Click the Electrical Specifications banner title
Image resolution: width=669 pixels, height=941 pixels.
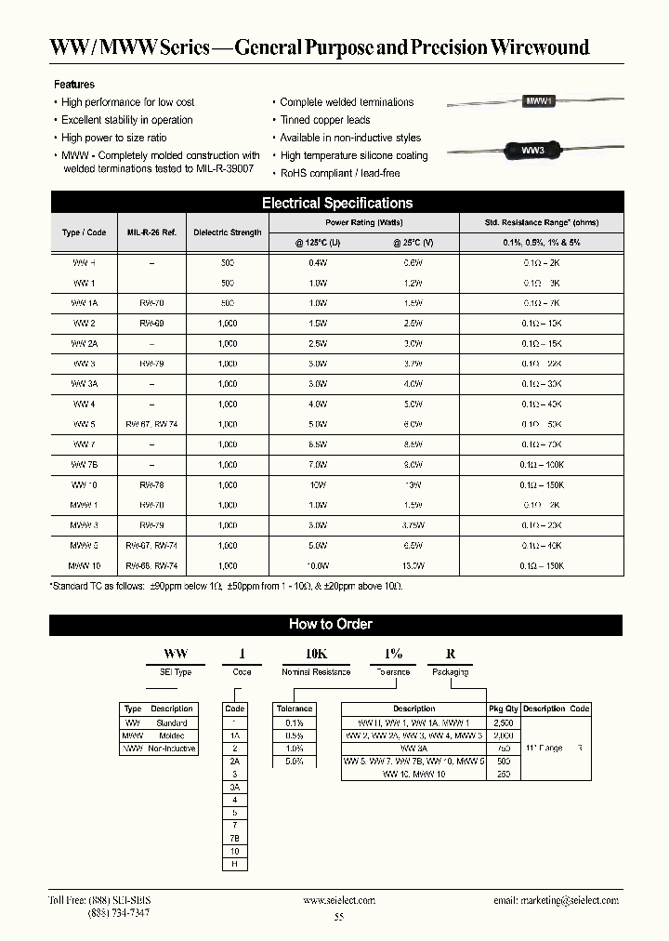tap(337, 203)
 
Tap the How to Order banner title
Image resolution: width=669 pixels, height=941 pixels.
tap(331, 625)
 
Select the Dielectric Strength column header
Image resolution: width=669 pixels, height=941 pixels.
tap(227, 232)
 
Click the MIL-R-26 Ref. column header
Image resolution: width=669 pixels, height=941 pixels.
tap(151, 232)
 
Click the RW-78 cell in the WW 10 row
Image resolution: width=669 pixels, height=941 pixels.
tap(151, 485)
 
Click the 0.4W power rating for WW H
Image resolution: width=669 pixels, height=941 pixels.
tap(317, 263)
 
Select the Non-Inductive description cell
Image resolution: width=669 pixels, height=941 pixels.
tap(171, 749)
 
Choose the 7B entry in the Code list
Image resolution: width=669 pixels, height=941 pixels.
tap(235, 838)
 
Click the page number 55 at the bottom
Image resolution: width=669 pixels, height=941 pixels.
tap(338, 917)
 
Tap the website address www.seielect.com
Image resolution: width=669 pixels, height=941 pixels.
tap(339, 900)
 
